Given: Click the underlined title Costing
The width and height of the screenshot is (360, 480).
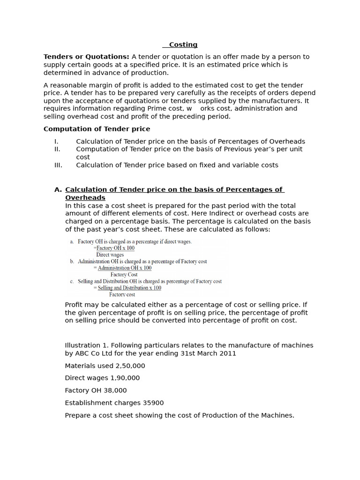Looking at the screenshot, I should [x=183, y=45].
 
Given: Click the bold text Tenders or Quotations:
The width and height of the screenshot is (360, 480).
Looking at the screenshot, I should [x=86, y=57].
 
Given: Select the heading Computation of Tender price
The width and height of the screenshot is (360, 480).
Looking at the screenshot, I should [x=97, y=129].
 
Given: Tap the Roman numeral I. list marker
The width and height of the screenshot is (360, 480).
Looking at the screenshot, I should [x=56, y=142].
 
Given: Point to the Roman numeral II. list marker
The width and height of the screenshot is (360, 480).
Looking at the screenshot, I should [x=57, y=149].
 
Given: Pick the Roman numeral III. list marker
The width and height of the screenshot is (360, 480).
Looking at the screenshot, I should [x=58, y=165].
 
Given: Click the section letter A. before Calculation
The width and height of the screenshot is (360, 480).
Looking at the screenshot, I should [x=58, y=190].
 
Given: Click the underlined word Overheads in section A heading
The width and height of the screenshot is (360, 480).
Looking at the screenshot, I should [x=85, y=198].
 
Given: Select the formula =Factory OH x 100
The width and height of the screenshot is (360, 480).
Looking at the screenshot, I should [x=114, y=248].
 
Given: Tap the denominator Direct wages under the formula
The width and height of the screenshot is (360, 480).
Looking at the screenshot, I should [x=110, y=255].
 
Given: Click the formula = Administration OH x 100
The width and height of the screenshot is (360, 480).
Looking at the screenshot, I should [x=122, y=268].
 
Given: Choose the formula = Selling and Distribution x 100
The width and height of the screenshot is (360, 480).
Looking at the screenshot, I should [x=127, y=288].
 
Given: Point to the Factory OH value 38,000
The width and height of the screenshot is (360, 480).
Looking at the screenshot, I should [x=115, y=390].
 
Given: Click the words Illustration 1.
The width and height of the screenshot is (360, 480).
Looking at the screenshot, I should [x=85, y=345].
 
